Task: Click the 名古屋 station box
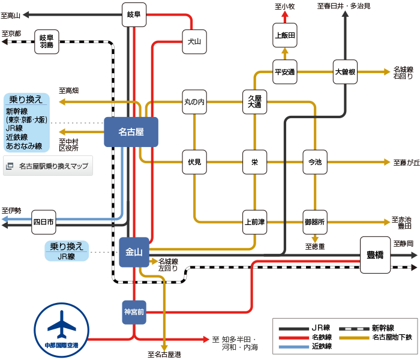point(131,131)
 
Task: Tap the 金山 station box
point(134,252)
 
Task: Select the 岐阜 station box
point(134,14)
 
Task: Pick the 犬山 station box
point(194,41)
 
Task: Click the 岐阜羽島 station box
point(47,41)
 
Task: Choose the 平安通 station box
point(285,72)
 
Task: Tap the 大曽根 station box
point(345,72)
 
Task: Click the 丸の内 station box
point(194,102)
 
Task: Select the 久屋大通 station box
point(255,101)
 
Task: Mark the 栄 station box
point(255,162)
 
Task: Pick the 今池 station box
point(315,162)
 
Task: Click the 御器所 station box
point(315,222)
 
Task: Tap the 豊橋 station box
point(375,254)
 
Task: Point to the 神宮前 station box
point(134,312)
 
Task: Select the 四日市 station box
point(44,222)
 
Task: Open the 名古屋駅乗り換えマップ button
point(48,166)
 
